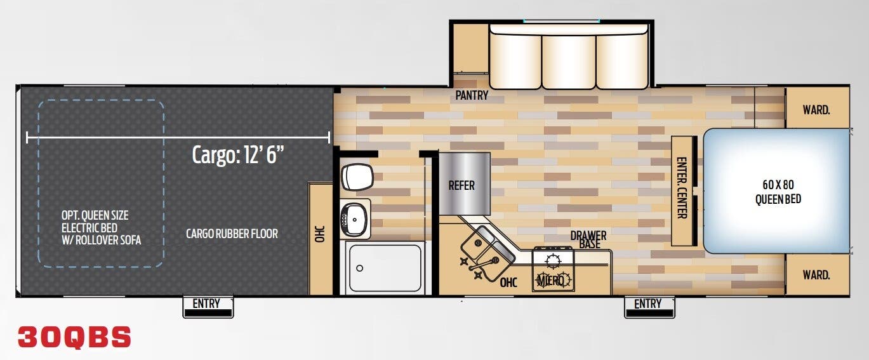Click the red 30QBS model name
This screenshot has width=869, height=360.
(x=74, y=337)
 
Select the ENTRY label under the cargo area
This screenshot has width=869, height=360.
(x=206, y=303)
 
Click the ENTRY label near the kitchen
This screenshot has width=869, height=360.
(x=647, y=303)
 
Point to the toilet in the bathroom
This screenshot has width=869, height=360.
(x=356, y=177)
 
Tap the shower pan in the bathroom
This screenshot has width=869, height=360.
(x=383, y=267)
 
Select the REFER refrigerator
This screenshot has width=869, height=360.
(x=461, y=185)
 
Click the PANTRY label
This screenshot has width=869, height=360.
(x=472, y=96)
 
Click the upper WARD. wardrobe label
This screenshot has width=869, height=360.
(x=816, y=110)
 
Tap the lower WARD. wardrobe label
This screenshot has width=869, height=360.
(x=816, y=275)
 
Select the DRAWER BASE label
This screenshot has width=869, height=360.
(x=588, y=239)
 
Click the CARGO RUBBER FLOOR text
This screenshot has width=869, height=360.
(x=232, y=234)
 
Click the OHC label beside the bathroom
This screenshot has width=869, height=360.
(x=319, y=234)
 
